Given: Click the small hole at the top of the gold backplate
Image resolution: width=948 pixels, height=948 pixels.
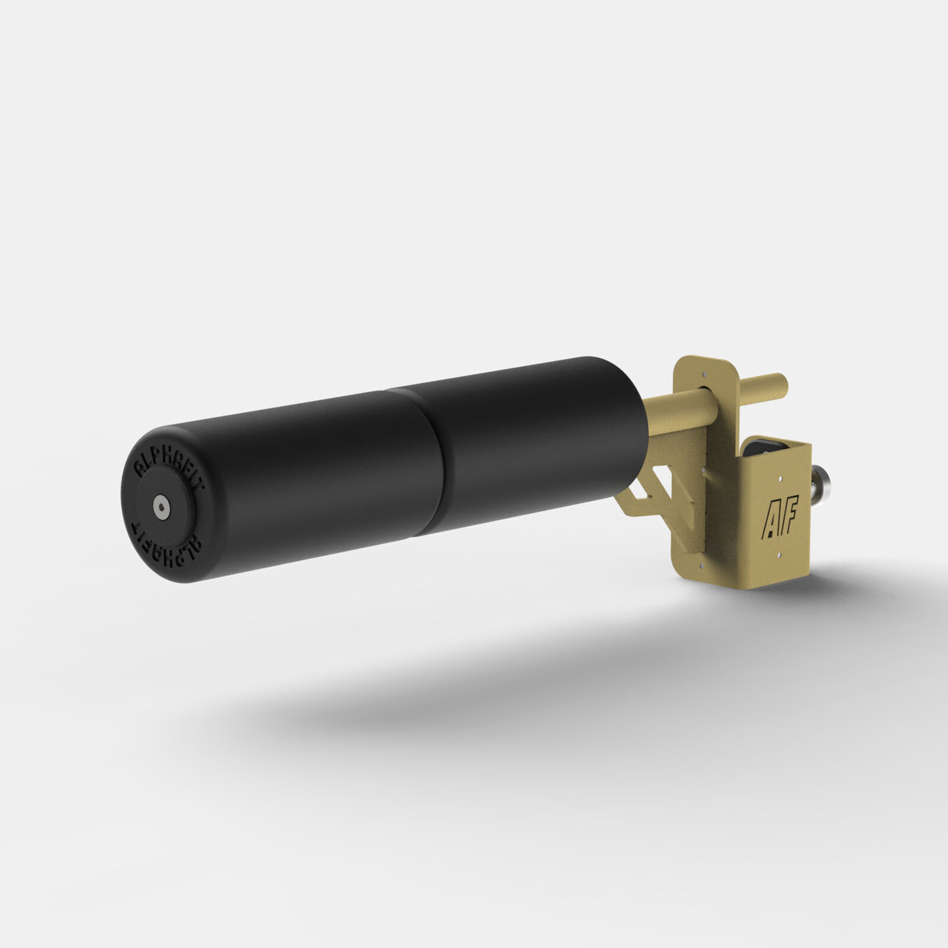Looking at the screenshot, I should (x=704, y=374).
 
